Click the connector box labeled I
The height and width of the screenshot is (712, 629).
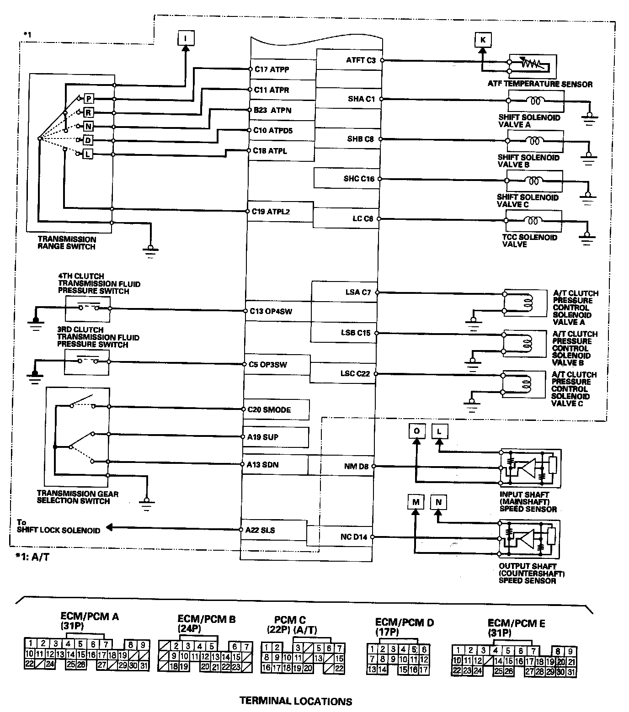pos(185,38)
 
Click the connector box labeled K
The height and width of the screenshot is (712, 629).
pos(482,40)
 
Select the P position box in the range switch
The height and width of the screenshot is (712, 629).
pos(89,99)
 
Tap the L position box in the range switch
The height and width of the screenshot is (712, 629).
pos(88,154)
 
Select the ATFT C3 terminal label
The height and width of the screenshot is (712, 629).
pos(361,60)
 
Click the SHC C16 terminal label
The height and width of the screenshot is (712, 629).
pos(359,179)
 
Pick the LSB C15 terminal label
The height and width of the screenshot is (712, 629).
pos(356,333)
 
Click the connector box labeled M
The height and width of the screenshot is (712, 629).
pos(416,502)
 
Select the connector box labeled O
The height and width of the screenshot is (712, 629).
pos(416,431)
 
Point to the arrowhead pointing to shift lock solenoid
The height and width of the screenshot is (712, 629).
pos(110,528)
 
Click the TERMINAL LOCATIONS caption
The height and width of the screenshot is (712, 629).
pos(296,701)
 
